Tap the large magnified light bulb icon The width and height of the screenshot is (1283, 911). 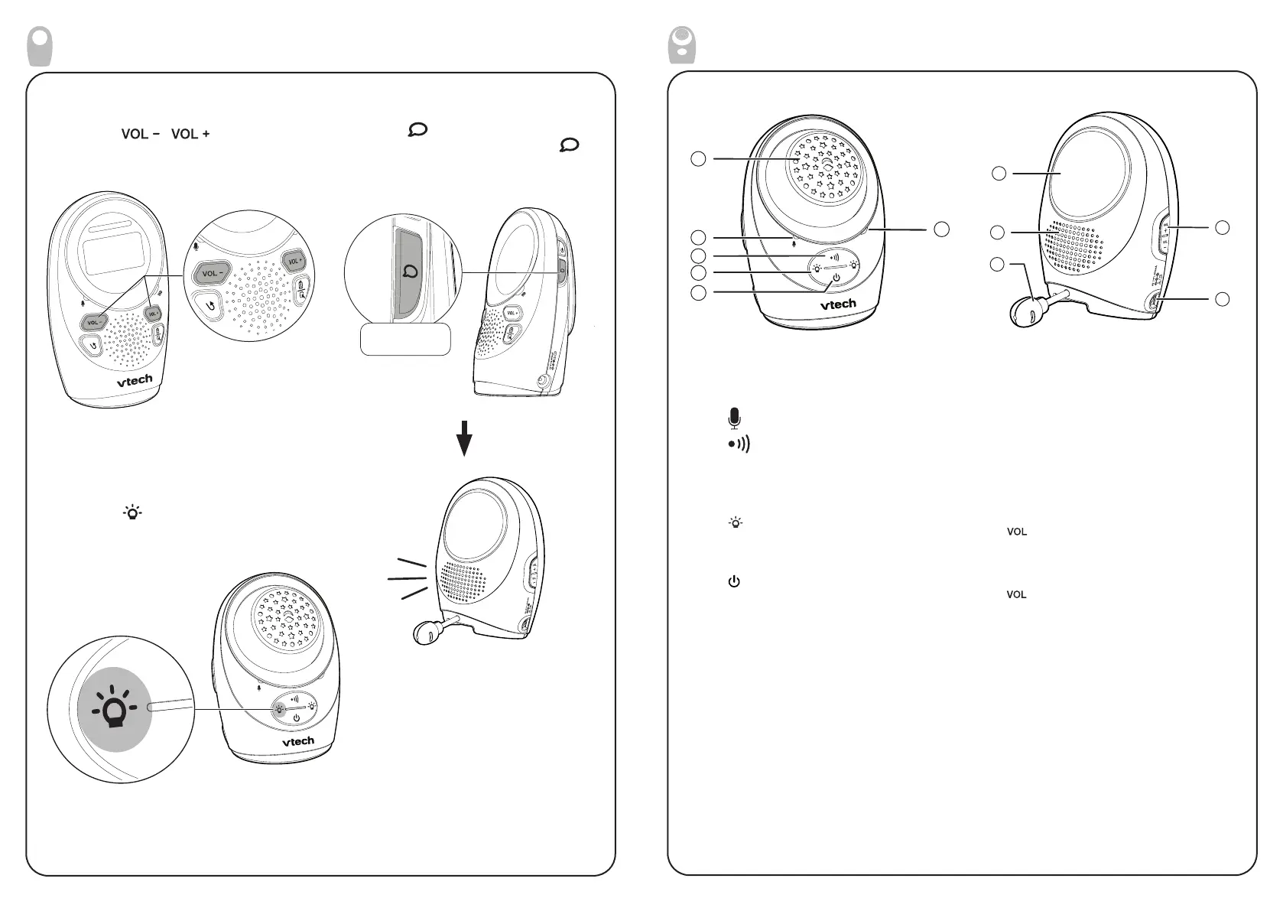[115, 709]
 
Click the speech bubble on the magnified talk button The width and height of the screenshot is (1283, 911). [411, 272]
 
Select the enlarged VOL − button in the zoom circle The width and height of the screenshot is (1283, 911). [212, 273]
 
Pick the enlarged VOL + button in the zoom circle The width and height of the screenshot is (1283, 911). [294, 262]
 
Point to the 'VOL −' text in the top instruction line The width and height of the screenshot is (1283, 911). [140, 134]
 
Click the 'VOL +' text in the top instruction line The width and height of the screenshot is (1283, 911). [190, 134]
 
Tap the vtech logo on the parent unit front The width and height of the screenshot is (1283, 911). [135, 379]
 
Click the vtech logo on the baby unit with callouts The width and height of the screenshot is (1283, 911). [839, 304]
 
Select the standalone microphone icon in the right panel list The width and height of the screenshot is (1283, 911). [735, 418]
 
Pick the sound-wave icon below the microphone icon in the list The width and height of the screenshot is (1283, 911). [739, 444]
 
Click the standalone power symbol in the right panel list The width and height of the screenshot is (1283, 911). [734, 582]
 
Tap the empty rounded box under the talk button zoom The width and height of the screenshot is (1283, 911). [406, 339]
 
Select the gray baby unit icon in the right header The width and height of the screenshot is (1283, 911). [682, 45]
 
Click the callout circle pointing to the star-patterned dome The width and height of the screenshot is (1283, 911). [697, 158]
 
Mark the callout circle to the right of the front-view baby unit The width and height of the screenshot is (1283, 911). [941, 228]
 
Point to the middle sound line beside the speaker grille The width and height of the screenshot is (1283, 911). [408, 579]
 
